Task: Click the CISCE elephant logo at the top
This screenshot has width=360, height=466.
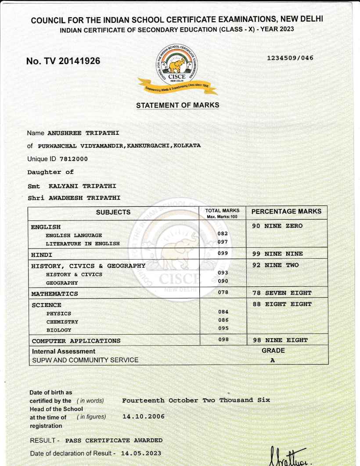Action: (x=177, y=66)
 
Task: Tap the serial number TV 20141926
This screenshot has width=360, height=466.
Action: (x=63, y=61)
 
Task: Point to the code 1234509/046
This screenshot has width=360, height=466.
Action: (x=290, y=58)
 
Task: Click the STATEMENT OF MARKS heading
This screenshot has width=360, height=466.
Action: (x=177, y=105)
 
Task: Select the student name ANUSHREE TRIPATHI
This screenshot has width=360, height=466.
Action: (x=83, y=133)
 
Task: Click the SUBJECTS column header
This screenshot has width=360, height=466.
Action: (x=113, y=212)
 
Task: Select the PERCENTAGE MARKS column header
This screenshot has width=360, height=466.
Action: (x=286, y=212)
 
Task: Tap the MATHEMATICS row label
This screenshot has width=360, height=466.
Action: (x=54, y=293)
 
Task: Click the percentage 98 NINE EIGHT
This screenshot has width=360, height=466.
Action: (x=280, y=340)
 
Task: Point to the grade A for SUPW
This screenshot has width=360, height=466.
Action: (x=273, y=360)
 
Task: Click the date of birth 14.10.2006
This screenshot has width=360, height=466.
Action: (x=143, y=416)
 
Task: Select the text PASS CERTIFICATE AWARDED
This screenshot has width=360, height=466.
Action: (x=114, y=440)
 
